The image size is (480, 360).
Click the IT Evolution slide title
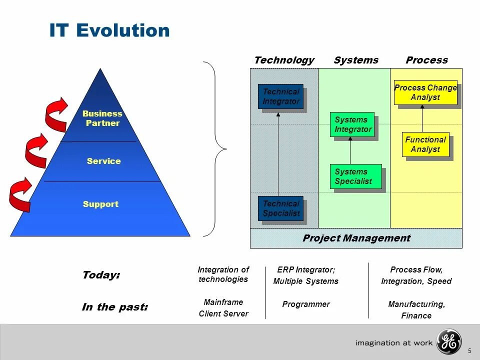(x=109, y=31)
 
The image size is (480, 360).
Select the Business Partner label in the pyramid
(x=102, y=118)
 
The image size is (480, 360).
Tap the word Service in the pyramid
(x=103, y=161)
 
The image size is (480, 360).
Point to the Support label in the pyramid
(x=100, y=204)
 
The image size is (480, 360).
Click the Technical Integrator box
(x=280, y=96)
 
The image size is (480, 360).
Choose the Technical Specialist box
(x=280, y=208)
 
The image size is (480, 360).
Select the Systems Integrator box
(x=352, y=124)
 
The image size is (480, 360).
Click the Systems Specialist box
(x=355, y=176)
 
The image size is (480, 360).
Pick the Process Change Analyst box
(x=425, y=92)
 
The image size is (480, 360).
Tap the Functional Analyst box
(x=425, y=144)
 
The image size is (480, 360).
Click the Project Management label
(x=356, y=238)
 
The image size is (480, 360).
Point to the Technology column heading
(x=284, y=60)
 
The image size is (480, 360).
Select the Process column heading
(x=426, y=60)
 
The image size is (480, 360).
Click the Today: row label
(x=101, y=275)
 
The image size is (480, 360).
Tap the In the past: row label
(x=114, y=307)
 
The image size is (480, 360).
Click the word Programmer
(x=306, y=304)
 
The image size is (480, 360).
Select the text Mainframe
(x=223, y=302)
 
